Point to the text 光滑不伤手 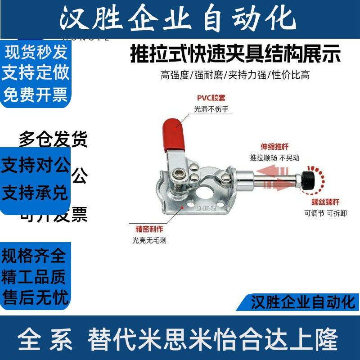pyautogui.click(x=211, y=109)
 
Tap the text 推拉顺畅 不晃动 pyautogui.click(x=274, y=158)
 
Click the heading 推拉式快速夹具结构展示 pyautogui.click(x=235, y=54)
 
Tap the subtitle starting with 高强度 pyautogui.click(x=235, y=75)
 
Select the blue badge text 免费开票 pyautogui.click(x=36, y=94)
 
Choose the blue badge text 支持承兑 pyautogui.click(x=35, y=193)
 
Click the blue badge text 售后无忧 pyautogui.click(x=35, y=297)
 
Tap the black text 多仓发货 pyautogui.click(x=53, y=139)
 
